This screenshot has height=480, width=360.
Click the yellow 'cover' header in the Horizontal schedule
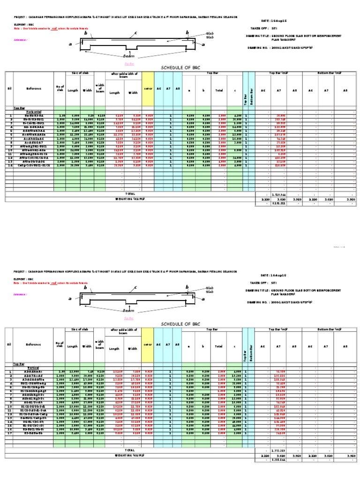148,88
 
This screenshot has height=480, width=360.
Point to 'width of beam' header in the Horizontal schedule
100,88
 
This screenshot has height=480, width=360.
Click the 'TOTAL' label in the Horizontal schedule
130,193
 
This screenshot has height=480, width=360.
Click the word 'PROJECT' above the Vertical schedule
21,271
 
